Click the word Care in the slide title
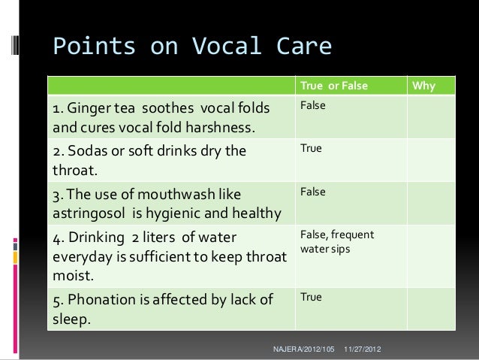pos(300,47)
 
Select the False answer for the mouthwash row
pos(313,192)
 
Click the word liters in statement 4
pos(152,241)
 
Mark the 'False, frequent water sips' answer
pos(336,242)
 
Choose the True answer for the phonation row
pos(311,298)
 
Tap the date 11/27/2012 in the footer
pos(362,350)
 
